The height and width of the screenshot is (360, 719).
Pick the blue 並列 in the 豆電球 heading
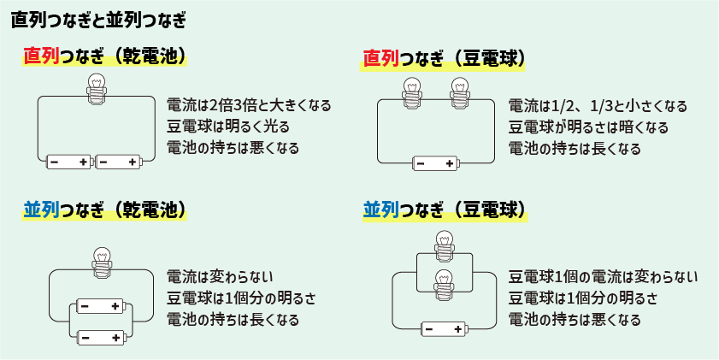click(381, 210)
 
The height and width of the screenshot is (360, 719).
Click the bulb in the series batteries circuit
click(96, 88)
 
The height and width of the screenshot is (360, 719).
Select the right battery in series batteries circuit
click(118, 162)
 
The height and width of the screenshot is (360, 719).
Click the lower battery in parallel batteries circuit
click(101, 336)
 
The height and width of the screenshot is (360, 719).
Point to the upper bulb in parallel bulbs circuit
click(443, 245)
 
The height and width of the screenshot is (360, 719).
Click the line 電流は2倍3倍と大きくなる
click(249, 106)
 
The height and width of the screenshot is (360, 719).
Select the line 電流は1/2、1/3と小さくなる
click(598, 106)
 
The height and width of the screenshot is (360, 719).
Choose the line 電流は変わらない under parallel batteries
click(220, 276)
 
